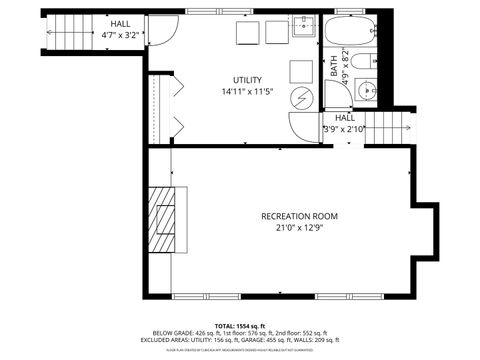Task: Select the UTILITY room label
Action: (x=247, y=80)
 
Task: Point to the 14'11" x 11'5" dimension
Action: (x=247, y=92)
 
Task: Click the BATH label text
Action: (x=334, y=67)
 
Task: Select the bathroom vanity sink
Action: (x=366, y=91)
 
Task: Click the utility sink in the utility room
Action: (x=305, y=28)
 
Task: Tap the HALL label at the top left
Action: (x=120, y=23)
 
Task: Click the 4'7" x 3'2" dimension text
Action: (x=120, y=35)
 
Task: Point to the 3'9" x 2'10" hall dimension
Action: (x=345, y=129)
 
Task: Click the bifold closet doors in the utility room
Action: (x=177, y=107)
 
